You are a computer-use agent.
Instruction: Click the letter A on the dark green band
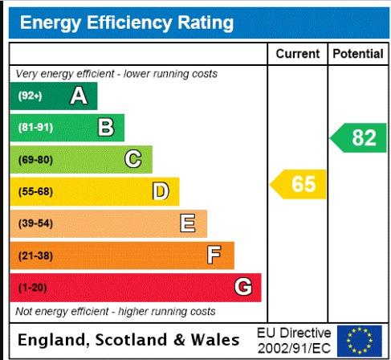tap(79, 96)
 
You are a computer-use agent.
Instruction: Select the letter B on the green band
tap(106, 127)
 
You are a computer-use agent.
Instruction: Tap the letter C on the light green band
tap(133, 159)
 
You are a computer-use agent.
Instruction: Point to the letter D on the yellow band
tap(161, 191)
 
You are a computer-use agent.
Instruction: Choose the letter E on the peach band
tap(187, 223)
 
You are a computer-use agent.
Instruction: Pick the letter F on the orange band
tap(214, 255)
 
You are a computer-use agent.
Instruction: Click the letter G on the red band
tap(243, 287)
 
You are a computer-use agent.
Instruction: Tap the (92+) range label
tap(30, 96)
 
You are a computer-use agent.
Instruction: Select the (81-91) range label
tap(35, 127)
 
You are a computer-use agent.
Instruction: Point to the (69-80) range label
tap(35, 160)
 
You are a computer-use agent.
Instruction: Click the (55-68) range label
tap(35, 191)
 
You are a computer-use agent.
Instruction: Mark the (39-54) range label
tap(35, 223)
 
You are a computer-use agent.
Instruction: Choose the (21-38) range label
tap(35, 256)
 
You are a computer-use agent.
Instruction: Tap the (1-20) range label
tap(33, 288)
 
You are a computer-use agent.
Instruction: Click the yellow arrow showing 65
tap(298, 184)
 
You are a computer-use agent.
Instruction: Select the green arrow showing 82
tap(358, 137)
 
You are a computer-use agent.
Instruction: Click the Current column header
tap(298, 54)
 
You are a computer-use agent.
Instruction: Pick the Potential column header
tap(358, 54)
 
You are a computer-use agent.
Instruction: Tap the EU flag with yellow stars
tap(360, 341)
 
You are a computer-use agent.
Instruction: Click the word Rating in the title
tap(206, 23)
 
